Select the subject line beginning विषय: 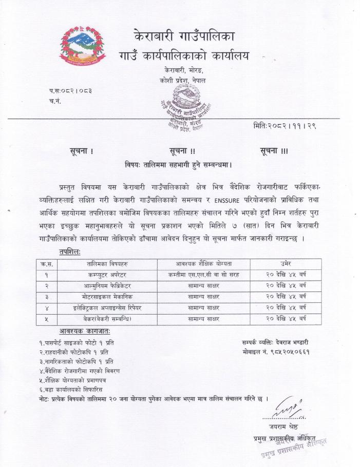(178, 165)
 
